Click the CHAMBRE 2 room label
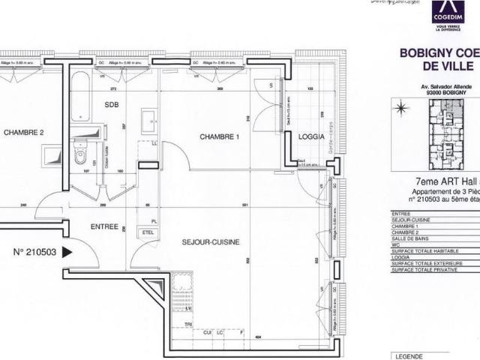tap(24, 133)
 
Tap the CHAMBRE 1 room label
tap(218, 136)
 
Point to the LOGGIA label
tap(311, 137)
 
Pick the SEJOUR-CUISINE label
tap(211, 242)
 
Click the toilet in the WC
tap(80, 155)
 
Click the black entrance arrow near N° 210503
tap(67, 253)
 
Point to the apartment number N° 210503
tap(35, 253)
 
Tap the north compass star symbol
tap(401, 109)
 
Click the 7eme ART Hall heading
tap(447, 181)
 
